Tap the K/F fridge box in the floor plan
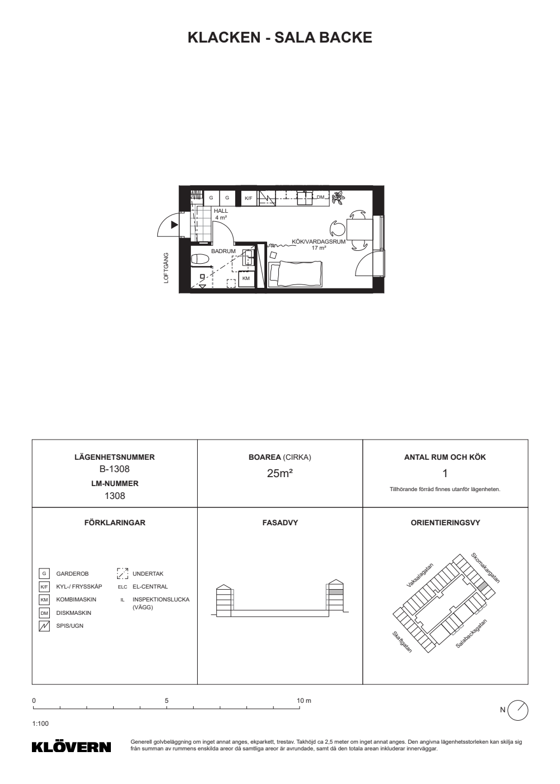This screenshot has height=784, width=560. coord(249,198)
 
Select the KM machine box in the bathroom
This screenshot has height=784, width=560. coord(246,279)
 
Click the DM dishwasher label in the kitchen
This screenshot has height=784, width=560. coord(320,197)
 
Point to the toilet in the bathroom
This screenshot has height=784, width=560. coord(200,259)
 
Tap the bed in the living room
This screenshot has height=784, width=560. coord(296,274)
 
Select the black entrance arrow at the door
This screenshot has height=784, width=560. coord(174,225)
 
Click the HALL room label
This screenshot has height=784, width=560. coord(221,211)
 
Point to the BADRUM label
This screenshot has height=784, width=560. coord(223,251)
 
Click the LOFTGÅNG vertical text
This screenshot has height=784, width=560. coord(166,268)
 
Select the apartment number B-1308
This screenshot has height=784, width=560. coord(114,469)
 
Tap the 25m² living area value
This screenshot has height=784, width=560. coord(279,474)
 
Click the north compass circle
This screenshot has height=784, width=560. coord(517,711)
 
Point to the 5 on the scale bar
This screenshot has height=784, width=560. coord(167,701)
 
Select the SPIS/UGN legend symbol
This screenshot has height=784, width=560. coord(44,626)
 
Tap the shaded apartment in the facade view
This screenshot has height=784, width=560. coord(335,592)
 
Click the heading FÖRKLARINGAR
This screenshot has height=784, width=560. coord(115,522)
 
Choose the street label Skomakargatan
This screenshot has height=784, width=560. coord(485,568)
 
